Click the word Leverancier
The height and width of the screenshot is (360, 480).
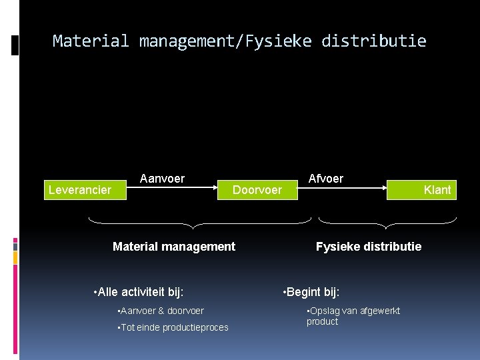coord(80,190)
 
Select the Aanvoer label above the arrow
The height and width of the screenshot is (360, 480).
coord(162,178)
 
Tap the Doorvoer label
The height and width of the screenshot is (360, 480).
coord(257,190)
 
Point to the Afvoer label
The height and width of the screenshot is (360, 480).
coord(325,178)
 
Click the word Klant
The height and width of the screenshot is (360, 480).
coord(437,190)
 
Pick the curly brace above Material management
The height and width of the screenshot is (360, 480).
coord(200,221)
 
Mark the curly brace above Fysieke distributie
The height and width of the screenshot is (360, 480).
coord(387,221)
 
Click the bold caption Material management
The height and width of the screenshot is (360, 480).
coord(174,247)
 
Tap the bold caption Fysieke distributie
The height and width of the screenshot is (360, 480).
coord(369,247)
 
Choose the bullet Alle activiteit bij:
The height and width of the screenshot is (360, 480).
coord(140,291)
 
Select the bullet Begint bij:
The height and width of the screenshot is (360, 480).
coord(312,291)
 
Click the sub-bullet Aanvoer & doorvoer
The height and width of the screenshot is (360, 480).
coord(161,311)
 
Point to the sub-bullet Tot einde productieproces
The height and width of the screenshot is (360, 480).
coord(173,327)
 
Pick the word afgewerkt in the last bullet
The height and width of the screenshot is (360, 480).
coord(378,311)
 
